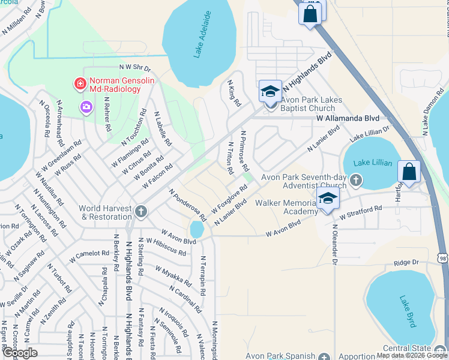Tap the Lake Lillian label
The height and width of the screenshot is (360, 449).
point(373,163)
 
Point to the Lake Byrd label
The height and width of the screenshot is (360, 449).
point(406,311)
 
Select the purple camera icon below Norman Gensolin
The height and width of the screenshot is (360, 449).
point(86,107)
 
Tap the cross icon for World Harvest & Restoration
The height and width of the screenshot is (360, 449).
point(140,211)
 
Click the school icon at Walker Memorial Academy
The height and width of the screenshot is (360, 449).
point(327,200)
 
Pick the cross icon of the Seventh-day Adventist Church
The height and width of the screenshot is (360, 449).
point(356,179)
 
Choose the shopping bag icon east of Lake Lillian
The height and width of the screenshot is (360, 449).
point(409,172)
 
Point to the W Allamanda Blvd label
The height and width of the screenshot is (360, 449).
point(348,119)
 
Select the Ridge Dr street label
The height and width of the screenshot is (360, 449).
point(406,263)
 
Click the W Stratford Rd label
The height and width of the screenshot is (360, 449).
point(360,212)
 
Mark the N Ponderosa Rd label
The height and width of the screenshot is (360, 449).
point(187,204)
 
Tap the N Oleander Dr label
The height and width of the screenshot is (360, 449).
point(334,247)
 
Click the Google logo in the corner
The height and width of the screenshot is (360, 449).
point(20,353)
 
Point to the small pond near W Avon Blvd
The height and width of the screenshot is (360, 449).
point(196,229)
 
